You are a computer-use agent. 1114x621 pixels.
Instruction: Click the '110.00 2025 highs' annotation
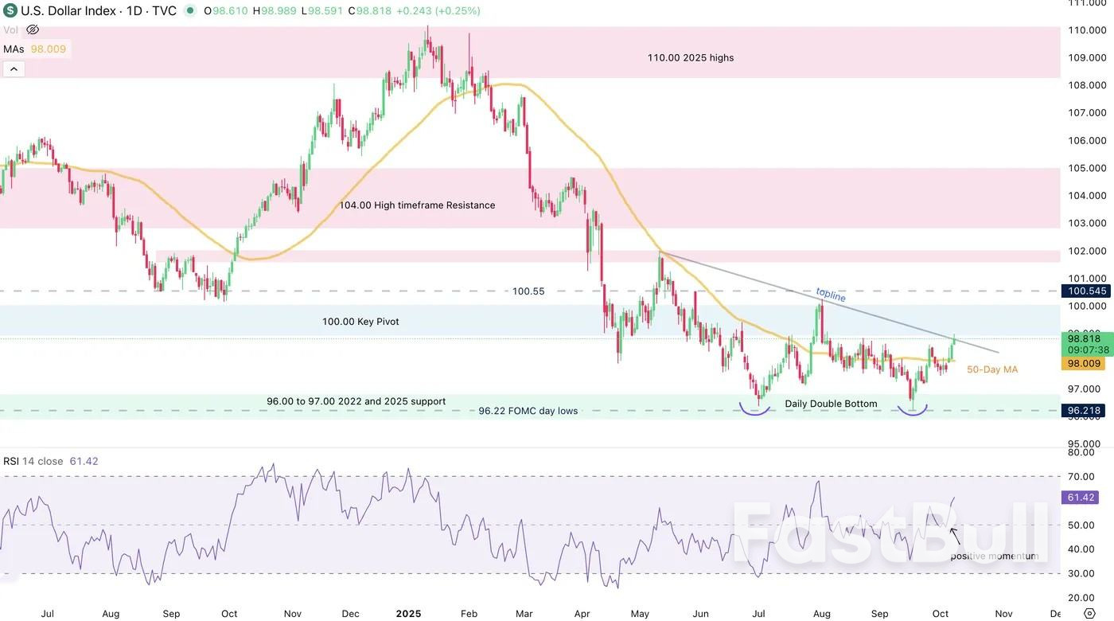click(690, 57)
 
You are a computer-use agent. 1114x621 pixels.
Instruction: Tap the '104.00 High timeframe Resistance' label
click(417, 205)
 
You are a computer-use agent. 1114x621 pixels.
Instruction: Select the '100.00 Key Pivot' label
click(360, 322)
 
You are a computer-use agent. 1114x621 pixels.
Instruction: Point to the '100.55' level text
click(528, 291)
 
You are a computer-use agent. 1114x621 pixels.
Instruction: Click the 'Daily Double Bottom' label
click(831, 404)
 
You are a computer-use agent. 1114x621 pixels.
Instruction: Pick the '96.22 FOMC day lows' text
click(528, 411)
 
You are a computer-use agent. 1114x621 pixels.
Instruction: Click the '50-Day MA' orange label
click(991, 369)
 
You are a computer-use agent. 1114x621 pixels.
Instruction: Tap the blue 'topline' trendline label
click(831, 295)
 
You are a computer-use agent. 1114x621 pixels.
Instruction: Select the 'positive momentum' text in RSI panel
click(994, 556)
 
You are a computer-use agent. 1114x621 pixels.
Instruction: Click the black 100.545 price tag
click(1087, 291)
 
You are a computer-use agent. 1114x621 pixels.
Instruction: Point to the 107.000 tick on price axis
click(1087, 113)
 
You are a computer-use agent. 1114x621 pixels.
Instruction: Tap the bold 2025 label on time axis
click(408, 614)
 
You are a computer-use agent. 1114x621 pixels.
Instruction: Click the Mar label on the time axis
click(524, 614)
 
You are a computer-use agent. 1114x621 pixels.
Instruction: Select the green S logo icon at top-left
click(10, 11)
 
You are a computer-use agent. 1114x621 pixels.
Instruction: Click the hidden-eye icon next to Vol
click(33, 29)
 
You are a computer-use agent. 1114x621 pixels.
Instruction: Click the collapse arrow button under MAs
click(14, 69)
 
